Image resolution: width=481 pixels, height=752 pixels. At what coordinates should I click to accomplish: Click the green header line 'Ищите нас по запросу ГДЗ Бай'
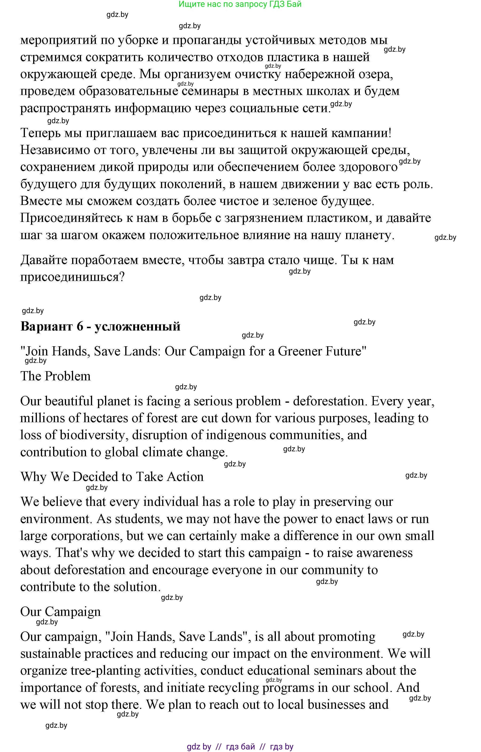coord(240,4)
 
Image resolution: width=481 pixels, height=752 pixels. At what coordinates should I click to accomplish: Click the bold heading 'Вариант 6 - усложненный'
coord(100,327)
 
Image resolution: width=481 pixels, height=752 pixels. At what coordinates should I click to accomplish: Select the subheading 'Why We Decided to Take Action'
coord(112,477)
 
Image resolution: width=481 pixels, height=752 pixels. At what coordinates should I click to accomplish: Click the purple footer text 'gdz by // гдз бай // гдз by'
coord(240,746)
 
